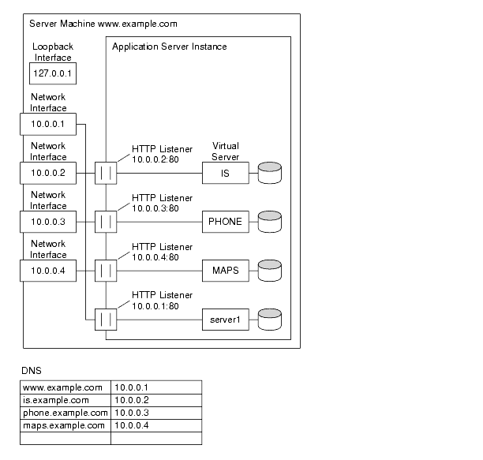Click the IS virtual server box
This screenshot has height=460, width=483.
click(x=225, y=173)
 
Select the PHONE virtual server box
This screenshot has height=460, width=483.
click(x=225, y=222)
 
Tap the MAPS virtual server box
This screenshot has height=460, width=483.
click(x=225, y=271)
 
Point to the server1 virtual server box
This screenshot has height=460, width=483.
click(x=225, y=320)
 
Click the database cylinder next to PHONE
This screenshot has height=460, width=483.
click(x=270, y=221)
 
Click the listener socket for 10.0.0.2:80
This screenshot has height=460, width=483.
click(x=106, y=173)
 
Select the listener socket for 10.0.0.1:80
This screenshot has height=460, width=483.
click(x=106, y=320)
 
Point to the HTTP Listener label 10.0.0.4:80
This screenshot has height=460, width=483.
click(x=156, y=251)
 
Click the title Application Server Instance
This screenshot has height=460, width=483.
click(x=170, y=47)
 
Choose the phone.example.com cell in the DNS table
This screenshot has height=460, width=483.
click(x=65, y=413)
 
